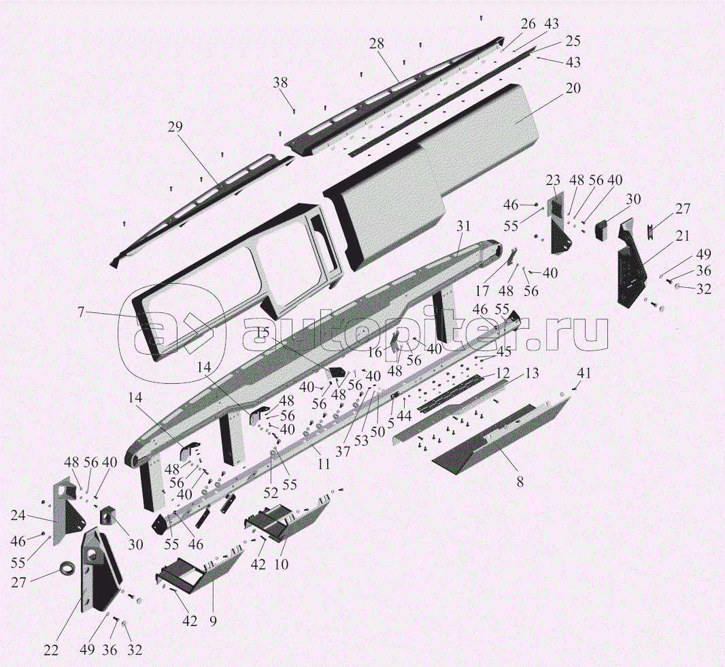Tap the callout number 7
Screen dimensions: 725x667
(81, 312)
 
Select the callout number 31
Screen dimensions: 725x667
(464, 226)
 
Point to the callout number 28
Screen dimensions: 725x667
(377, 44)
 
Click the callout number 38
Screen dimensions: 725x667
(281, 83)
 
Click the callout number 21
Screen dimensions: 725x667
(683, 236)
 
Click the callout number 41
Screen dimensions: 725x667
(585, 373)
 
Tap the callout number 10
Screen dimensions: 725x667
(281, 564)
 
